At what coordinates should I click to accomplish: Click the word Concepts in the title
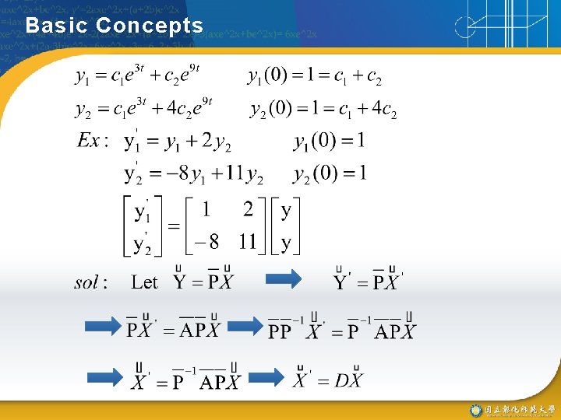150,25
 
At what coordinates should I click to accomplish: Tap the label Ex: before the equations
93,142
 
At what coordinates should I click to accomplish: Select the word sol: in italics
92,282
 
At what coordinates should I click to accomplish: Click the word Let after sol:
144,282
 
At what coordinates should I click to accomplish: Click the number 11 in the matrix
248,242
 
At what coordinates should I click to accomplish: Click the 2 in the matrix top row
248,210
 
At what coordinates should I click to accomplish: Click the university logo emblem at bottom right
475,410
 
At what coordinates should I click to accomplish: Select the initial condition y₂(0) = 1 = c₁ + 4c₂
323,110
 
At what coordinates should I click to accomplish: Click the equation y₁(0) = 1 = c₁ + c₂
315,77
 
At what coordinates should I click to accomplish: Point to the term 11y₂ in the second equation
243,174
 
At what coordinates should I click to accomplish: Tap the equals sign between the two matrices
173,226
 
